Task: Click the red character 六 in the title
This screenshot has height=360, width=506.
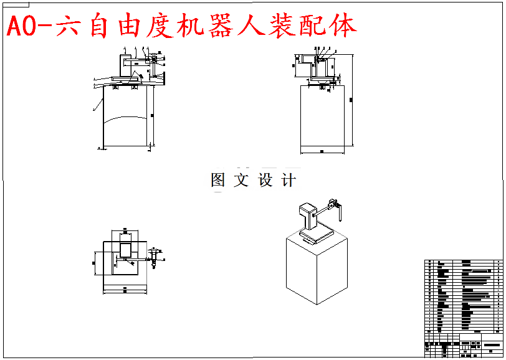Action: coord(70,26)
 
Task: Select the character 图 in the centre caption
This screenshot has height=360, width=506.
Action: coord(218,181)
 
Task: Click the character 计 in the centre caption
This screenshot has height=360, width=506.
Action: coord(288,181)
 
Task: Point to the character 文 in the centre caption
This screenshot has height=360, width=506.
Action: coord(241,181)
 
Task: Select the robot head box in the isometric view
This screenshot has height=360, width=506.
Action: coord(307,209)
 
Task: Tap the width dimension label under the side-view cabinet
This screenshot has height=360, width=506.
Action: coord(322,151)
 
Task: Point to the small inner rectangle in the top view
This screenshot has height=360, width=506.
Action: coord(125,250)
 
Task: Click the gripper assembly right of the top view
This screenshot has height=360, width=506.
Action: coord(153,257)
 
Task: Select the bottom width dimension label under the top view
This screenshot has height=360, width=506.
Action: coord(125,289)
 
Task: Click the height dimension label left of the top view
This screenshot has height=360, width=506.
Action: coord(93,264)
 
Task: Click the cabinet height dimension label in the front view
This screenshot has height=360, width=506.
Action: coord(151,115)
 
